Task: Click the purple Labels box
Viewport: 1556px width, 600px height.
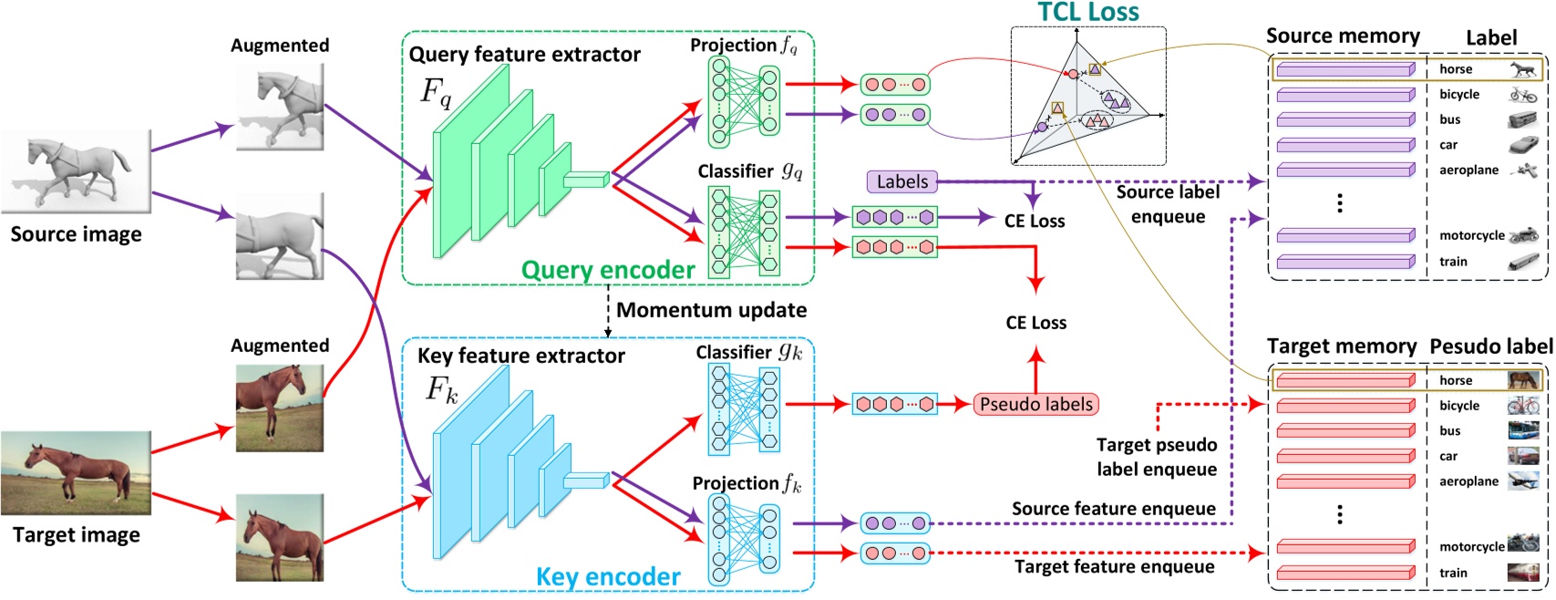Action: tap(902, 181)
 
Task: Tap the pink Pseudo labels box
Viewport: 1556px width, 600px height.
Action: tap(1036, 404)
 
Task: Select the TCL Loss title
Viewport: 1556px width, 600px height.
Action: tap(1087, 12)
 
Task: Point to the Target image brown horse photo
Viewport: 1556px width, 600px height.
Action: tap(76, 472)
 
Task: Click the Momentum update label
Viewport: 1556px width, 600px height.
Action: tap(711, 310)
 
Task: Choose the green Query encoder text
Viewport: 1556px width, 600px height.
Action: tap(608, 270)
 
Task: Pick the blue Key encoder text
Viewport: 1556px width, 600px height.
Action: tap(608, 576)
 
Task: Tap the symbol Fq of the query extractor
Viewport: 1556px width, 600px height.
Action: tap(436, 92)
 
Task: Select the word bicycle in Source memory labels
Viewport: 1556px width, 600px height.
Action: tap(1459, 94)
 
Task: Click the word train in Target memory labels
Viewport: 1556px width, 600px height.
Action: tap(1453, 573)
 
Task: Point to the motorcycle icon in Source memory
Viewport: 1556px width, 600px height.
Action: tap(1523, 235)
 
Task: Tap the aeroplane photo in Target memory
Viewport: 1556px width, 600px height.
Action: tap(1523, 481)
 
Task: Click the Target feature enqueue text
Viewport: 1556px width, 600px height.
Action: tap(1114, 566)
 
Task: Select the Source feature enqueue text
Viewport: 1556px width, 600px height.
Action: tap(1113, 509)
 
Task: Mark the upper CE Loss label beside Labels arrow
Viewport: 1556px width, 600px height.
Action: tap(1034, 221)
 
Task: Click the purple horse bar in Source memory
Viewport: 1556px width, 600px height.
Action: tap(1345, 69)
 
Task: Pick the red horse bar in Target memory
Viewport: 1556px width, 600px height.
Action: tap(1345, 380)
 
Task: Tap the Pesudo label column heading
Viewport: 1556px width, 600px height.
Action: tap(1490, 347)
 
